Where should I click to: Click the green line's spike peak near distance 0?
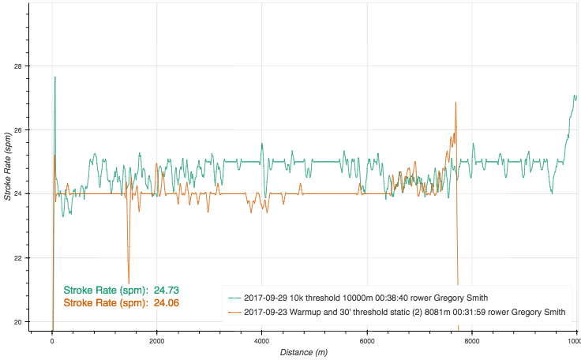[x=54, y=77]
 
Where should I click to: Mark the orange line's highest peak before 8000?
[x=455, y=103]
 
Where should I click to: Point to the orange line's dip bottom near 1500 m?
[x=129, y=271]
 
